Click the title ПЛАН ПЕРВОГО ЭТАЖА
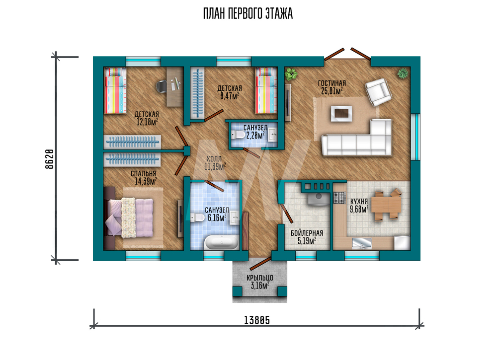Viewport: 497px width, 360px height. [248, 14]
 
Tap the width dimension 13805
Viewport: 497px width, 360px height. [257, 320]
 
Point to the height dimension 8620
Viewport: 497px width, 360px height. [50, 159]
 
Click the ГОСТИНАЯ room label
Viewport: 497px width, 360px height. [331, 83]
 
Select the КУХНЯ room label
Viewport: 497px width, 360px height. [359, 202]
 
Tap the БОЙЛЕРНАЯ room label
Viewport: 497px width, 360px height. [307, 233]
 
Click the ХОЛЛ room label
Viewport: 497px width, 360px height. [214, 158]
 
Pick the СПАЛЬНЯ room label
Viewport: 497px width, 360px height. [143, 173]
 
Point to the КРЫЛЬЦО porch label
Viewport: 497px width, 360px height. [260, 278]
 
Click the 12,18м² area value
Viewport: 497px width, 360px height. [147, 122]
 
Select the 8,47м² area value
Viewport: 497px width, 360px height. [230, 96]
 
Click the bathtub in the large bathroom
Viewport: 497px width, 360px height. [221, 243]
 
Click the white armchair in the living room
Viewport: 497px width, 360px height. [378, 92]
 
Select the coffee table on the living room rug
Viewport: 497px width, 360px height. [341, 113]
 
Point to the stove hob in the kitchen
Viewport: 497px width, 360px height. [339, 198]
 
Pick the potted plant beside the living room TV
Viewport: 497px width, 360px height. [291, 74]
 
